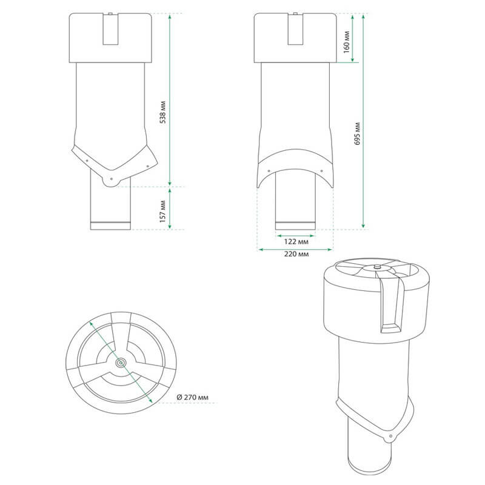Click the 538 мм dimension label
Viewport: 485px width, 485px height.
[x=163, y=112]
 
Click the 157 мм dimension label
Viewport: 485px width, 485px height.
[x=163, y=211]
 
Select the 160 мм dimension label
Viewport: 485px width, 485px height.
[x=347, y=42]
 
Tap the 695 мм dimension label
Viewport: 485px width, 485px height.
[x=357, y=134]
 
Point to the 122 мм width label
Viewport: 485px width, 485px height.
[x=296, y=241]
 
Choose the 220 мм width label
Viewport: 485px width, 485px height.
[x=296, y=254]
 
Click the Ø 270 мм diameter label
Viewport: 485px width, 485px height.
[x=192, y=397]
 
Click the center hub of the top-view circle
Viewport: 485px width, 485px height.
[x=121, y=363]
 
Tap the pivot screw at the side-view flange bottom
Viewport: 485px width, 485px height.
[x=112, y=179]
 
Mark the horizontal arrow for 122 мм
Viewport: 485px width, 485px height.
[x=295, y=236]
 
